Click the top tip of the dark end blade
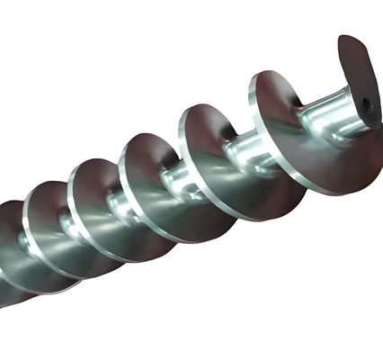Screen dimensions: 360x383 point(346,40)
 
